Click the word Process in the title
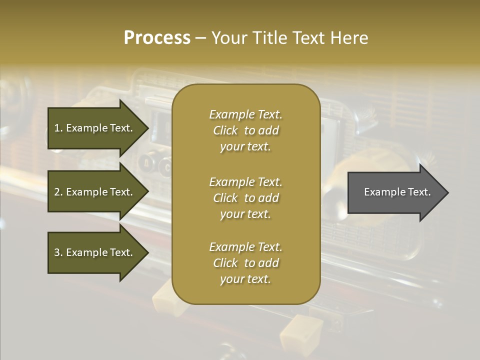point(157,37)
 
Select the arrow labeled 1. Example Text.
point(95,128)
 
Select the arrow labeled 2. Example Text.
point(95,192)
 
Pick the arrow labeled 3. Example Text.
point(95,252)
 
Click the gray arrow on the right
point(395,192)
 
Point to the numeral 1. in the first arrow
point(58,128)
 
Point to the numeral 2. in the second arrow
point(58,192)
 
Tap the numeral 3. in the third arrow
point(58,252)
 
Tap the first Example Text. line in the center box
point(245,114)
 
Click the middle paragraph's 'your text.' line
point(245,214)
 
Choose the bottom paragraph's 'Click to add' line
point(245,263)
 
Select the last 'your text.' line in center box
point(245,279)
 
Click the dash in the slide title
point(200,38)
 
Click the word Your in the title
point(229,37)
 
